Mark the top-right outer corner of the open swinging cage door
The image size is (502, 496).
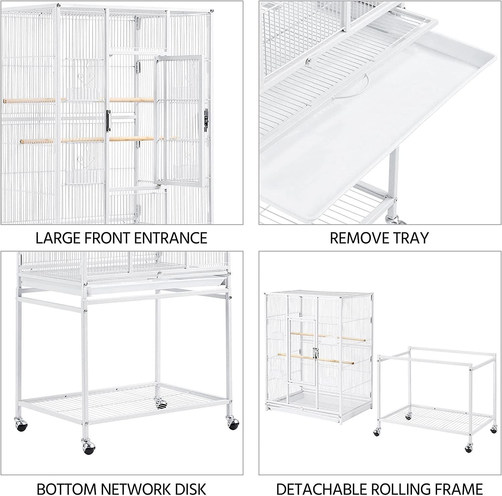[201, 56]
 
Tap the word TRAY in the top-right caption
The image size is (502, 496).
[412, 238]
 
